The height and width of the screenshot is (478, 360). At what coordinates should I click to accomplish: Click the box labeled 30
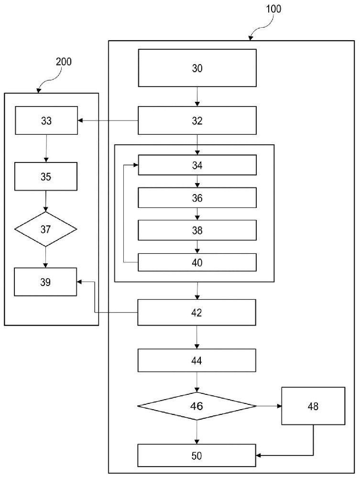coord(197,68)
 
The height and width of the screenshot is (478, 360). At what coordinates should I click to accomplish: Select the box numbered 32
coord(197,120)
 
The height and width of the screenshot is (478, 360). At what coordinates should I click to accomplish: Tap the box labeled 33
coord(46,120)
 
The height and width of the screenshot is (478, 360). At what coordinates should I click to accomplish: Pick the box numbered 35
coord(46,176)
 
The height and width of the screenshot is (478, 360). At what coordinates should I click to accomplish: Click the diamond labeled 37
coord(46,229)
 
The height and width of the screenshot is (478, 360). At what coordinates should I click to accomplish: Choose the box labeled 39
coord(45,282)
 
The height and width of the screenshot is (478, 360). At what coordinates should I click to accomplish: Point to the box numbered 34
coord(197,165)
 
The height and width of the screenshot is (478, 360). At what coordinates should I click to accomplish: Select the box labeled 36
coord(197,198)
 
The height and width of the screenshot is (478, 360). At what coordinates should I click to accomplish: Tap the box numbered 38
coord(197,230)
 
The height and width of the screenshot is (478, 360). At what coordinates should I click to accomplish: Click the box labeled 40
coord(197,262)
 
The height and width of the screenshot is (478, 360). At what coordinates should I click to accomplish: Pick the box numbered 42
coord(196,313)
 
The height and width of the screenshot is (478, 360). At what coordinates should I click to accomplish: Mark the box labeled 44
coord(196,360)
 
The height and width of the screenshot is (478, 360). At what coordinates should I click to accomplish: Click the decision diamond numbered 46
coord(197,406)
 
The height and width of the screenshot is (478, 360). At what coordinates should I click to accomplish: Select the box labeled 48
coord(313,406)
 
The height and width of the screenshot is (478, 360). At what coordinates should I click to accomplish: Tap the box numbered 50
coord(196,456)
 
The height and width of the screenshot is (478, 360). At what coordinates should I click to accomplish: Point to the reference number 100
coord(273,9)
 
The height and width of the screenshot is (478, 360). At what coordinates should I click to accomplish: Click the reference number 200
coord(64,62)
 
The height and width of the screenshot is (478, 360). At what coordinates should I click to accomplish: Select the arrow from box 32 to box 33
coord(108,121)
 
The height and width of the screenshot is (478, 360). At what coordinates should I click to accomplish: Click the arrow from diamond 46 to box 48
coord(269,406)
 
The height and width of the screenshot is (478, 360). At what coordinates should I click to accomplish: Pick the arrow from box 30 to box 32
coord(197,97)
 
